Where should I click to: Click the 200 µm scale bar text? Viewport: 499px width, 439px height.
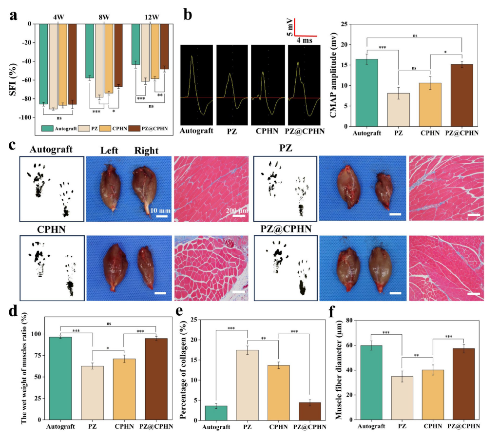237,210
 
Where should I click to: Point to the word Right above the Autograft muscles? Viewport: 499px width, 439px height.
147,151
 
